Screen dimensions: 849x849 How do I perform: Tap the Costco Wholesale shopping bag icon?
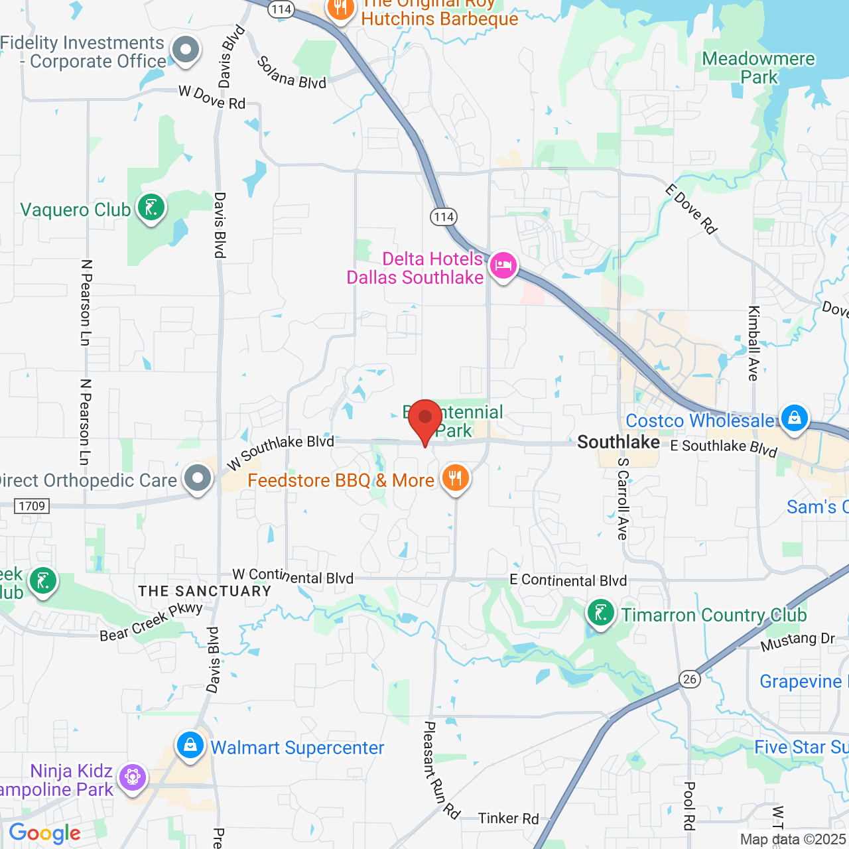[794, 419]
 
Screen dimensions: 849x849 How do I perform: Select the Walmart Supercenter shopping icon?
[190, 746]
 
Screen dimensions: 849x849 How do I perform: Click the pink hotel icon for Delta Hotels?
[503, 267]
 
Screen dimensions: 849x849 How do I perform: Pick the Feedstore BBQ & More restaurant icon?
[455, 478]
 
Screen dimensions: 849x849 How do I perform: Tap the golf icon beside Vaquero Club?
[151, 208]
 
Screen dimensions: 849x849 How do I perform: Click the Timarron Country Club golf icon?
[601, 614]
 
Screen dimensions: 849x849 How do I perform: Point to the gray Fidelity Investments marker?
[186, 50]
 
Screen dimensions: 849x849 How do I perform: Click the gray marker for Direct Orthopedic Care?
[197, 478]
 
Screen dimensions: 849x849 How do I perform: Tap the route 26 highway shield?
[690, 679]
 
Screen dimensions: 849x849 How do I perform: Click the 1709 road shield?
[32, 506]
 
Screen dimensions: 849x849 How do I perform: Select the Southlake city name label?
[618, 442]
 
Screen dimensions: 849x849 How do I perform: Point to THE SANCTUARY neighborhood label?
[205, 591]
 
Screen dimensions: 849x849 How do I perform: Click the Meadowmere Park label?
[758, 68]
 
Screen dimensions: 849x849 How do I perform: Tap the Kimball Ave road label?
[753, 343]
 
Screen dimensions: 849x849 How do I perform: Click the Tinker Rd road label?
[508, 818]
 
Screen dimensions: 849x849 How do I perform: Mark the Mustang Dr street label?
[797, 641]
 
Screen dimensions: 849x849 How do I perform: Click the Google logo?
[45, 833]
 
